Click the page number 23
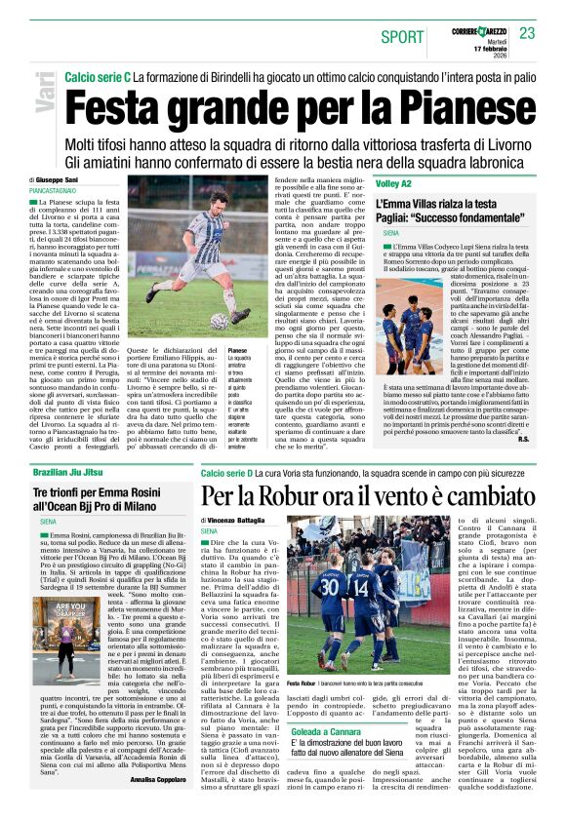tap(528, 34)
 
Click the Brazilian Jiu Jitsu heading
tap(67, 473)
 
